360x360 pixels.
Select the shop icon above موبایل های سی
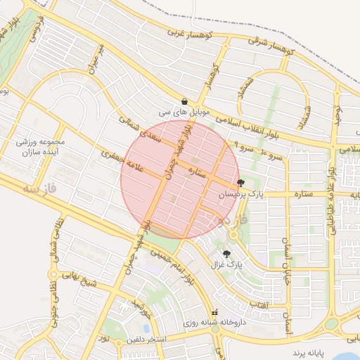(184, 101)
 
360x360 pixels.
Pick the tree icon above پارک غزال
(226, 254)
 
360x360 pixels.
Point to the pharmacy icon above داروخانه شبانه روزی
(216, 312)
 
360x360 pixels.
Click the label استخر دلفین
(146, 340)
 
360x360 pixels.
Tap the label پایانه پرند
(311, 349)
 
